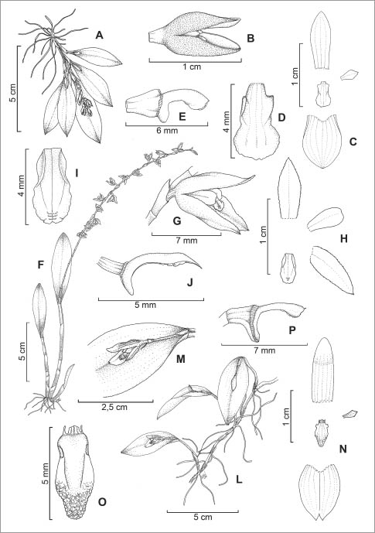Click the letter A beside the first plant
tap(99, 35)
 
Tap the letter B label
tap(251, 39)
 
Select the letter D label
tap(281, 118)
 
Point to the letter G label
tap(177, 221)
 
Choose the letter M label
tap(180, 359)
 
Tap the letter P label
tap(291, 330)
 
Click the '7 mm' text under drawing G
tap(187, 241)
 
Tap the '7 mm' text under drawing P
tap(264, 350)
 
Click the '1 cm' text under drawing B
tap(192, 67)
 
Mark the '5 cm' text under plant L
tap(203, 517)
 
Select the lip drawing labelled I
tap(53, 186)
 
